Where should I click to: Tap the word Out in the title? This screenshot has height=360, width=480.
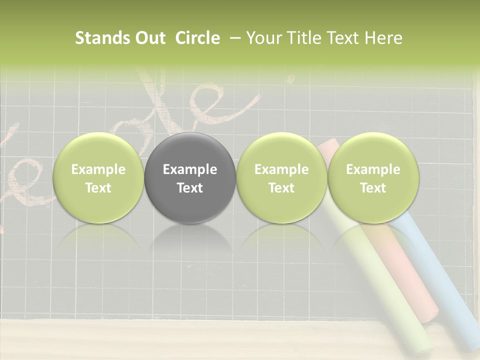pyautogui.click(x=148, y=38)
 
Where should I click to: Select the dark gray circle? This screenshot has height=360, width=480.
pyautogui.click(x=190, y=178)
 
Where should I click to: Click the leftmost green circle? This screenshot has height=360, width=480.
pyautogui.click(x=98, y=178)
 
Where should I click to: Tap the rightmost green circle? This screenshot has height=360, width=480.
pyautogui.click(x=373, y=178)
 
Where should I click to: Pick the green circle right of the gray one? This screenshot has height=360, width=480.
pyautogui.click(x=281, y=178)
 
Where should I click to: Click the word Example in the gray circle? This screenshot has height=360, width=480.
pyautogui.click(x=190, y=169)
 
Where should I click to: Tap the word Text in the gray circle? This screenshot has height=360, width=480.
pyautogui.click(x=190, y=188)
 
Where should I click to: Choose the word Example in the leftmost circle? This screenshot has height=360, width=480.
pyautogui.click(x=98, y=169)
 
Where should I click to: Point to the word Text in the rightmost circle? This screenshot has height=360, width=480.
pyautogui.click(x=373, y=188)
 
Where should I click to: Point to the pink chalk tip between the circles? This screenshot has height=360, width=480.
pyautogui.click(x=327, y=148)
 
